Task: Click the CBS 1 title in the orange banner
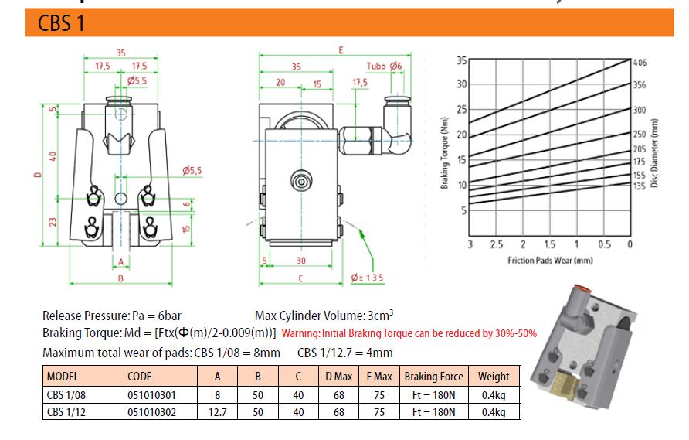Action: click(61, 23)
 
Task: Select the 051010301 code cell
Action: click(151, 395)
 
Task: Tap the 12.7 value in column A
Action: click(218, 412)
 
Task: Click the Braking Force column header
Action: click(433, 377)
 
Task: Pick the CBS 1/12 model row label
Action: click(66, 412)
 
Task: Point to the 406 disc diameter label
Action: click(640, 63)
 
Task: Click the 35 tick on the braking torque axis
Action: click(461, 60)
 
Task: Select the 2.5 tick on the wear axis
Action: click(497, 244)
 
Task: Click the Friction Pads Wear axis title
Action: click(550, 261)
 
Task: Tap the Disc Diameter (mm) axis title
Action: click(654, 153)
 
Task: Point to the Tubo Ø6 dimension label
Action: click(384, 66)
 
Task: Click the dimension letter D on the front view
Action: click(38, 175)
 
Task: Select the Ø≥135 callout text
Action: click(367, 278)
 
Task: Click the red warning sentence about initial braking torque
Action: click(409, 333)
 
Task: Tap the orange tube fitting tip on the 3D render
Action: click(581, 288)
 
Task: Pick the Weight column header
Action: click(494, 377)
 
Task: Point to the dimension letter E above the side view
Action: click(341, 50)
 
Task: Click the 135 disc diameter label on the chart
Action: click(640, 186)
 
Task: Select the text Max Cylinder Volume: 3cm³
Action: click(324, 316)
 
